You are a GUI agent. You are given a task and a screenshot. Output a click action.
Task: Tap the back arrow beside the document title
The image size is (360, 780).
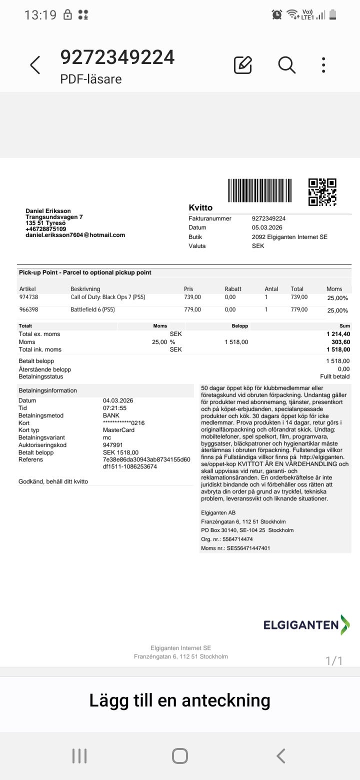tap(35, 65)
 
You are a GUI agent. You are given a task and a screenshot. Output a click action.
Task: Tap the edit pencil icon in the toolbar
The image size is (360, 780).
tap(243, 65)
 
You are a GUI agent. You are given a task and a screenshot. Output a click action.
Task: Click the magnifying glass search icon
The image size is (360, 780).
tap(287, 65)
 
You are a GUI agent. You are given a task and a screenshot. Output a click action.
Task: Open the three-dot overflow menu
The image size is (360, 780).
tap(324, 65)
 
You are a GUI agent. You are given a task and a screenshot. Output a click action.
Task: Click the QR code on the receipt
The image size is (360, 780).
tap(322, 192)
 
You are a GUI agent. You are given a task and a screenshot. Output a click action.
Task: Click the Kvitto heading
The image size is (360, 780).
tap(200, 207)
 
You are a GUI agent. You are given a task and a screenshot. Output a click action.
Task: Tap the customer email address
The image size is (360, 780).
tap(75, 235)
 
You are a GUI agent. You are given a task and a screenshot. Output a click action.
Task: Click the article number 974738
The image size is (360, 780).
tap(28, 297)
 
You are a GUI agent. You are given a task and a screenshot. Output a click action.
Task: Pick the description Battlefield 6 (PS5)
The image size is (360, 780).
tap(92, 309)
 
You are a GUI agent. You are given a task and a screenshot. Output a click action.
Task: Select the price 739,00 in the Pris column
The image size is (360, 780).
tap(192, 297)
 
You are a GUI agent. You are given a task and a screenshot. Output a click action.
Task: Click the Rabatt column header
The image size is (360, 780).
tap(233, 289)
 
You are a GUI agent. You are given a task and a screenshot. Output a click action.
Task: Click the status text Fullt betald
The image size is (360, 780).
tap(334, 376)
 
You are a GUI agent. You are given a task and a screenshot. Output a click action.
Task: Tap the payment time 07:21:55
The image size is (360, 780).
tap(114, 408)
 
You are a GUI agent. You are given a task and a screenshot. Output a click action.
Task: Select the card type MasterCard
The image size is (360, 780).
tap(118, 430)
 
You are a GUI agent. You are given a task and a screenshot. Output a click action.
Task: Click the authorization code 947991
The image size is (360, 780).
tap(112, 445)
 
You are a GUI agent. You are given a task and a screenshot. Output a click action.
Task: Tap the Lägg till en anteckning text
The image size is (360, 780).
tap(180, 700)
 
